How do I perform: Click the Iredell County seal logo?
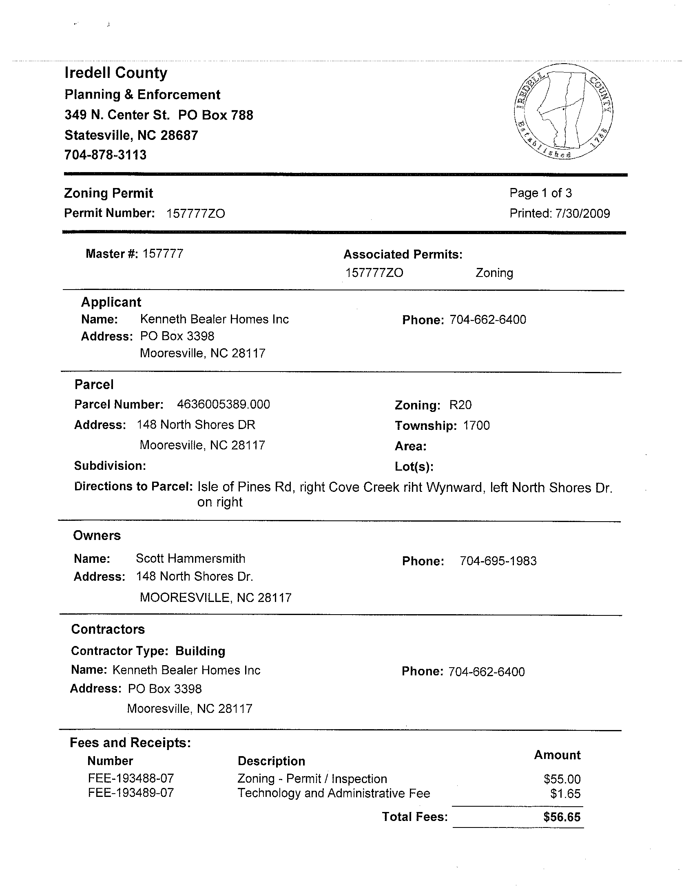click(x=563, y=112)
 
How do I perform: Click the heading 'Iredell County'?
click(x=116, y=73)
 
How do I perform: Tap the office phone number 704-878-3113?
click(x=106, y=155)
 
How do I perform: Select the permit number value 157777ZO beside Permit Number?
click(x=196, y=214)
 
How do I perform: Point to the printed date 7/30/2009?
click(x=582, y=214)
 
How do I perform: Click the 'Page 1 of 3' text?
click(x=540, y=193)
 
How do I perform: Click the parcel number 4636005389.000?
click(x=224, y=405)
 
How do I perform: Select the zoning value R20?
click(x=460, y=405)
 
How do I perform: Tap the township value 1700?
click(x=476, y=426)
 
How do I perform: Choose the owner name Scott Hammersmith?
click(x=190, y=559)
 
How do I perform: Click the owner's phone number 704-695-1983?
click(x=498, y=561)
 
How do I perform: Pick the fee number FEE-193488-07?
click(x=131, y=779)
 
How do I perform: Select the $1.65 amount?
click(x=565, y=794)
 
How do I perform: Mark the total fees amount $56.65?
click(x=562, y=817)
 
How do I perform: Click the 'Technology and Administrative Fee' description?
click(x=334, y=794)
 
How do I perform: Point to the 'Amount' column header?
click(x=557, y=755)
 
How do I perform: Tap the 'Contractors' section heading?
click(x=108, y=629)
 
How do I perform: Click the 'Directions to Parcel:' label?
click(x=133, y=487)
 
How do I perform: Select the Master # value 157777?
click(x=163, y=254)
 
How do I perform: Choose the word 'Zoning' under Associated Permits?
click(x=494, y=273)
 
